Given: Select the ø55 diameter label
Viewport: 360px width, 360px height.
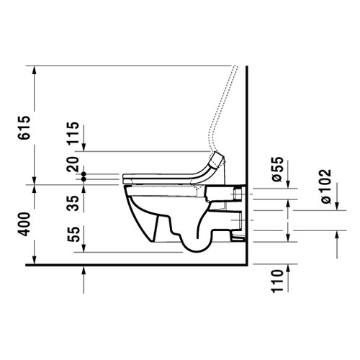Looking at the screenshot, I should [x=276, y=168].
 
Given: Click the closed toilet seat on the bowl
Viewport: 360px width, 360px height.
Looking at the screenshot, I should [x=162, y=176].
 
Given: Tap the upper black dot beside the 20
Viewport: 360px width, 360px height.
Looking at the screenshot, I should [x=84, y=174].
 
